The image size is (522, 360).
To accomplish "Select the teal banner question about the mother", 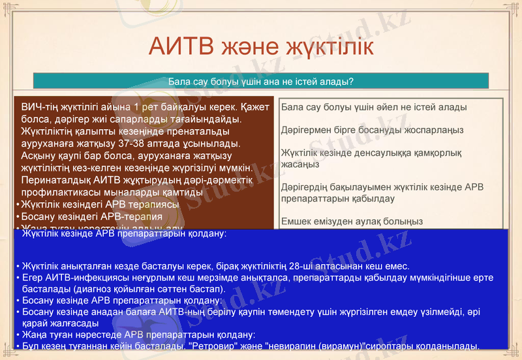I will (261, 82).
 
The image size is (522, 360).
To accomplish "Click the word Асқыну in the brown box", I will (38, 155).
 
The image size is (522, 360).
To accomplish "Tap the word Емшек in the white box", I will (297, 222).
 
